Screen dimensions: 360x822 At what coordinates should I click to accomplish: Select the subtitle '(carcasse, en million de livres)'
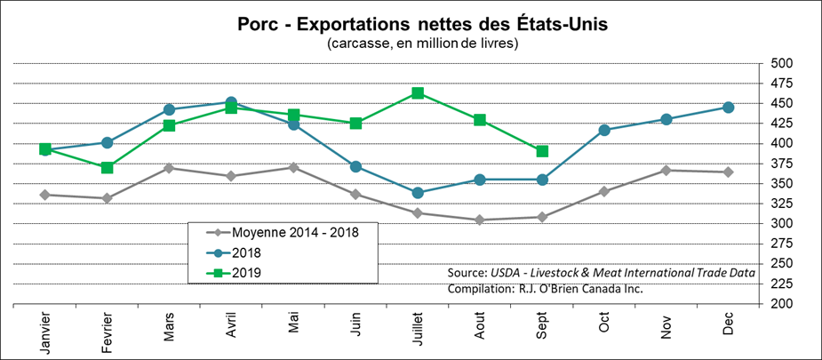click(x=410, y=43)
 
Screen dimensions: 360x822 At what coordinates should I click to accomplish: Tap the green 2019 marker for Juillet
click(x=418, y=93)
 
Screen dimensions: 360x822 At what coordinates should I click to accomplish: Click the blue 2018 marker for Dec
click(x=729, y=108)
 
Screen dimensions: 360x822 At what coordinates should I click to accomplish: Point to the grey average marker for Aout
click(x=480, y=220)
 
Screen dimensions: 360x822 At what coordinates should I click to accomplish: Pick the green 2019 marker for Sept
click(x=542, y=151)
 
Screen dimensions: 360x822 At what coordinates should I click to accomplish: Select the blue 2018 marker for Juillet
click(x=418, y=192)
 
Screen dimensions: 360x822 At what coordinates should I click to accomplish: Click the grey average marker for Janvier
click(x=44, y=195)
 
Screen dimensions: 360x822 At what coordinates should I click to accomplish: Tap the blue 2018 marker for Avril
click(x=231, y=102)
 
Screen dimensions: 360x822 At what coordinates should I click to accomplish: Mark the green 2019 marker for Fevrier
click(x=107, y=167)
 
